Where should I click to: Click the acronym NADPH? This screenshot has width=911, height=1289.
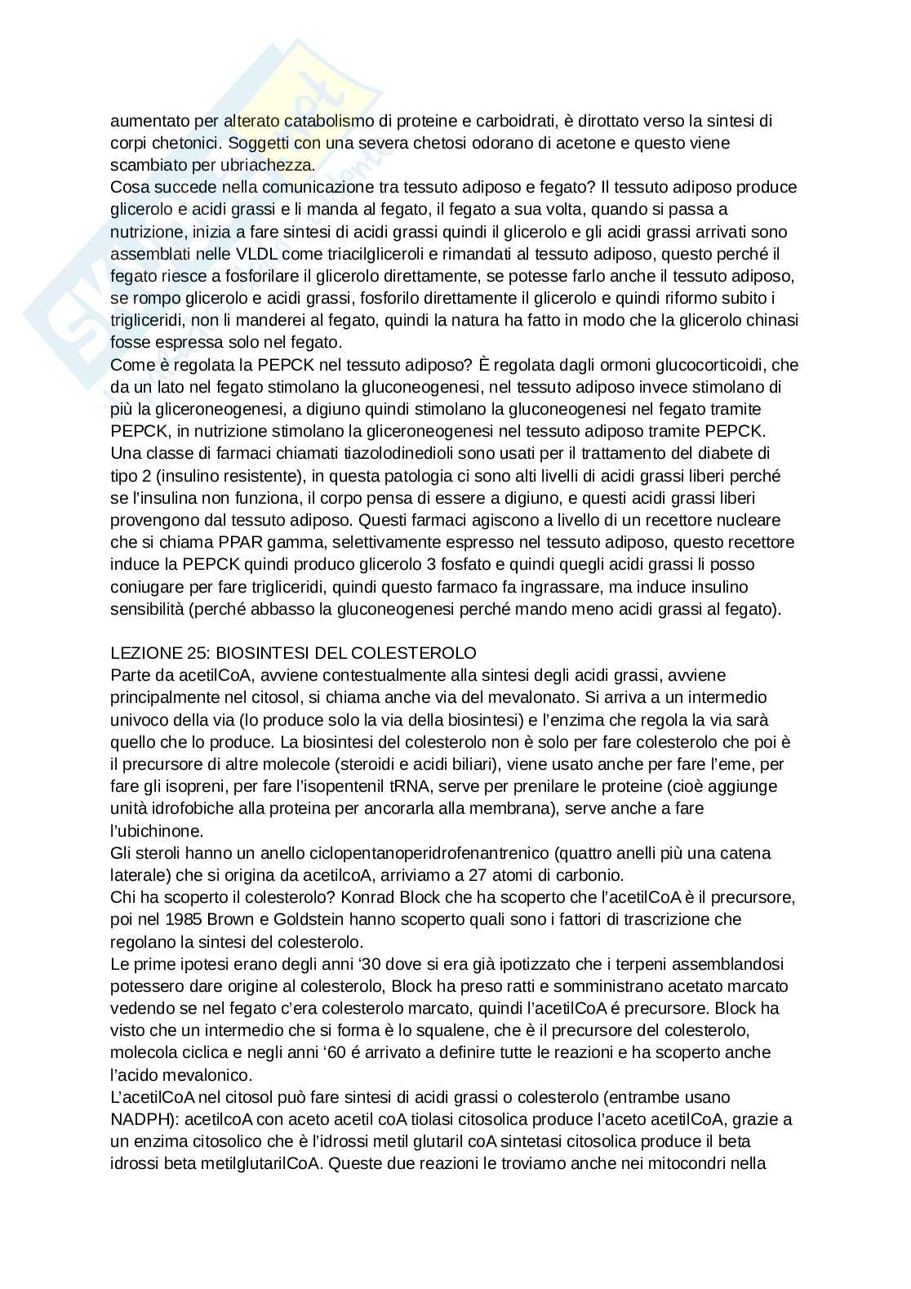pyautogui.click(x=136, y=1119)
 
